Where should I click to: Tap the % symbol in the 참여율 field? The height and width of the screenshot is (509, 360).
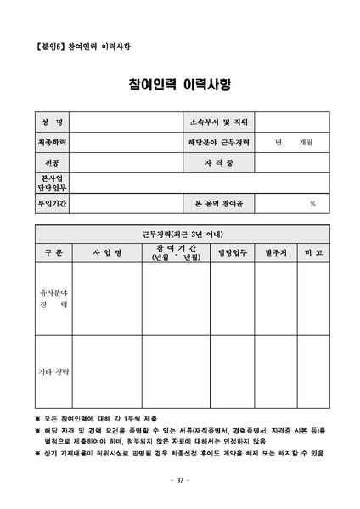click(x=312, y=203)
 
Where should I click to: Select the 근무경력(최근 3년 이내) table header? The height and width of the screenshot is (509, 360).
click(x=179, y=233)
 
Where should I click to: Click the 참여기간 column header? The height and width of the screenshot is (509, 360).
click(x=176, y=252)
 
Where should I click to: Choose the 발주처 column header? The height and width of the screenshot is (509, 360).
click(x=276, y=252)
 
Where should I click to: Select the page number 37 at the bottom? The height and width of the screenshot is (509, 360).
click(x=179, y=481)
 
